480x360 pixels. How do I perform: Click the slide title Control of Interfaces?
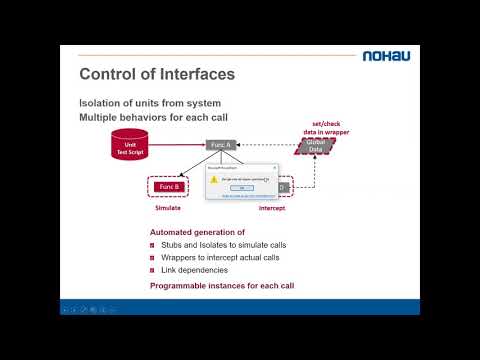point(156,73)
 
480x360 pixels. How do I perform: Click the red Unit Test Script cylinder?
point(130,146)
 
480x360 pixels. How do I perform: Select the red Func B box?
point(168,186)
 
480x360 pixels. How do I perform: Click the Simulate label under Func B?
point(167,209)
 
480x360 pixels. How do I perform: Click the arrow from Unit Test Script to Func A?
point(180,145)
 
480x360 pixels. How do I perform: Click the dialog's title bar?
point(240,168)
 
